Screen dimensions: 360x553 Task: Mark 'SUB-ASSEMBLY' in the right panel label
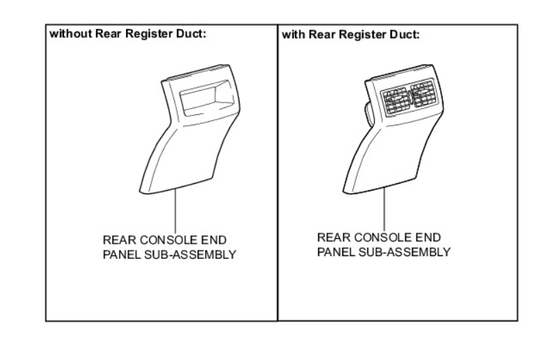click(x=406, y=251)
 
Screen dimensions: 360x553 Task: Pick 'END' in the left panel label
click(x=216, y=240)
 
